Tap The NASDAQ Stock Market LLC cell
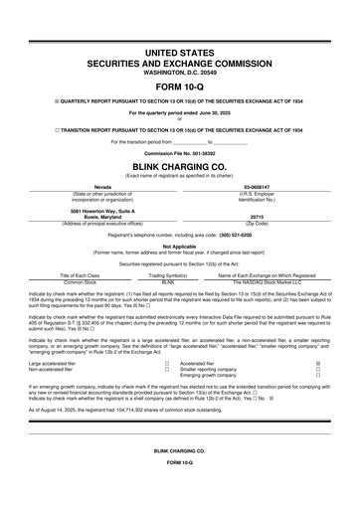[x=272, y=282]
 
